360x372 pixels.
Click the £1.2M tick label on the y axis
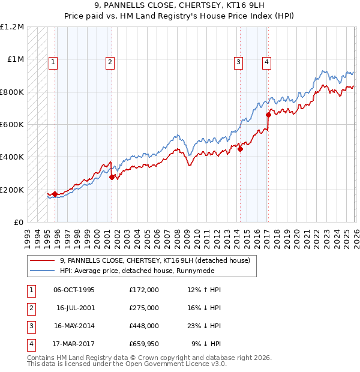coord(13,27)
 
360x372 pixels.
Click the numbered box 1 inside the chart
coord(53,61)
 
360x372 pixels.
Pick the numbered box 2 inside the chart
coord(111,61)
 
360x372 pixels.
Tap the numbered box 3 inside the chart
coord(239,61)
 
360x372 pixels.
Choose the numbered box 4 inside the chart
coord(266,61)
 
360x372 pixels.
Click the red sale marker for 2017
coord(268,115)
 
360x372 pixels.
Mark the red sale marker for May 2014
coord(240,149)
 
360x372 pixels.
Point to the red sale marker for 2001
coord(112,177)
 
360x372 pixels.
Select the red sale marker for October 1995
coord(55,194)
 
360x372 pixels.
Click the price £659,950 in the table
coord(144,344)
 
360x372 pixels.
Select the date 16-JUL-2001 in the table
coord(75,308)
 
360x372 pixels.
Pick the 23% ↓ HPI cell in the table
coord(203,326)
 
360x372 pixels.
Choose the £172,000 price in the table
coord(144,290)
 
